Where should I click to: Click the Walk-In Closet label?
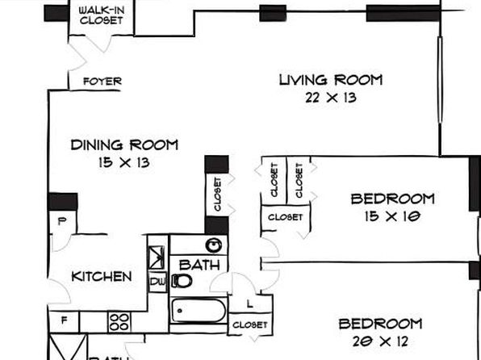point(102,15)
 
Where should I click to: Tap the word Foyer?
point(102,82)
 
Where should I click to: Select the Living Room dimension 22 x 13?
point(331,98)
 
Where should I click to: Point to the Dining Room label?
point(124,144)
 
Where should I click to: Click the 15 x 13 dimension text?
point(124,162)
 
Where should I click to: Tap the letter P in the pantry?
point(62,221)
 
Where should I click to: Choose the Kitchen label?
point(102,277)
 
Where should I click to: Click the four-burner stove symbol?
point(119,322)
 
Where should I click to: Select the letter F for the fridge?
point(64,320)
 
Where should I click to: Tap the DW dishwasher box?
point(158,282)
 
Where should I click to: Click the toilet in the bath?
point(182,281)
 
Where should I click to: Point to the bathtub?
point(199,311)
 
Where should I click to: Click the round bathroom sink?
point(214,245)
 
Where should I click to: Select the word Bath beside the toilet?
point(199,265)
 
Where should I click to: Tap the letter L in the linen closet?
point(250,304)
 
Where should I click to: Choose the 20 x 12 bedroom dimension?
point(380,341)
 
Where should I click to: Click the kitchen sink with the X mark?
point(157,257)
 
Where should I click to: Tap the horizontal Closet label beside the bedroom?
point(285,217)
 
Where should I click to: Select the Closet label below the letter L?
point(250,324)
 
